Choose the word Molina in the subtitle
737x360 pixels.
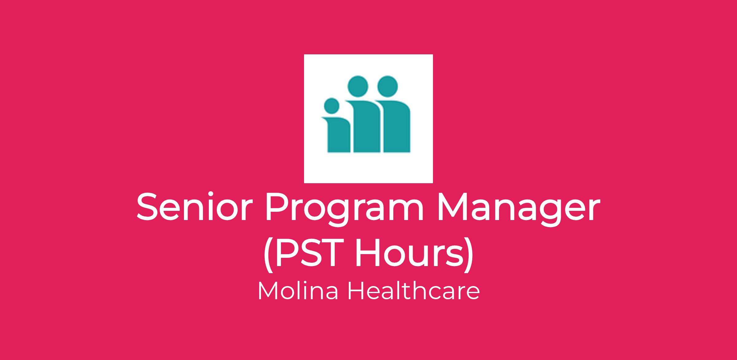click(x=298, y=291)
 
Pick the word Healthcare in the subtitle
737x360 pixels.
click(x=414, y=291)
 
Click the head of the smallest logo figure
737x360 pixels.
click(x=332, y=105)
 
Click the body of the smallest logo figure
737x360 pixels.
click(x=338, y=135)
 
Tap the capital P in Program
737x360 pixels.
click(x=277, y=207)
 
